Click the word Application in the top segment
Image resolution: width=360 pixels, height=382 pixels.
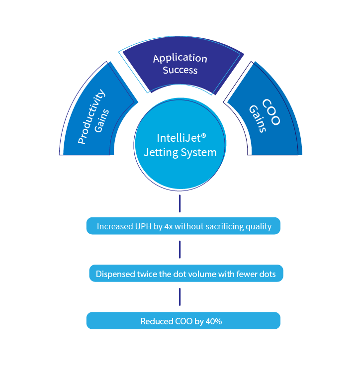coord(180,58)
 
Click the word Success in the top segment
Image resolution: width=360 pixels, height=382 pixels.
coord(180,70)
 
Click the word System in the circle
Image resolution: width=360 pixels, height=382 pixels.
coord(198,152)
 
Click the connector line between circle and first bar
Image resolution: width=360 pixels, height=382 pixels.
coord(180,204)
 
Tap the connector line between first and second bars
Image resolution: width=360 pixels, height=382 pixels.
coord(180,250)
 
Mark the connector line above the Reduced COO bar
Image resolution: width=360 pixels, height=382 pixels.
coord(180,297)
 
